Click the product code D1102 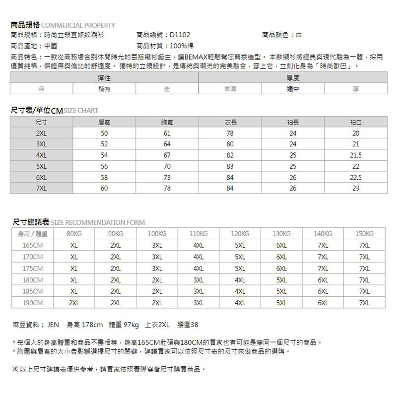(179, 35)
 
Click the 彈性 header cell (104, 78)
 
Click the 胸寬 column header (167, 122)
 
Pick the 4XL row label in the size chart (42, 155)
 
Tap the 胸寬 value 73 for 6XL (167, 177)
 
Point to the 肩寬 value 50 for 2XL (104, 133)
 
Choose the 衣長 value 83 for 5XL (230, 166)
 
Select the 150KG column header (365, 234)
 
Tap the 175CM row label (33, 268)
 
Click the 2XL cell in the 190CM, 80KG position (74, 303)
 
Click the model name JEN (53, 326)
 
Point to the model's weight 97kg (131, 326)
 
